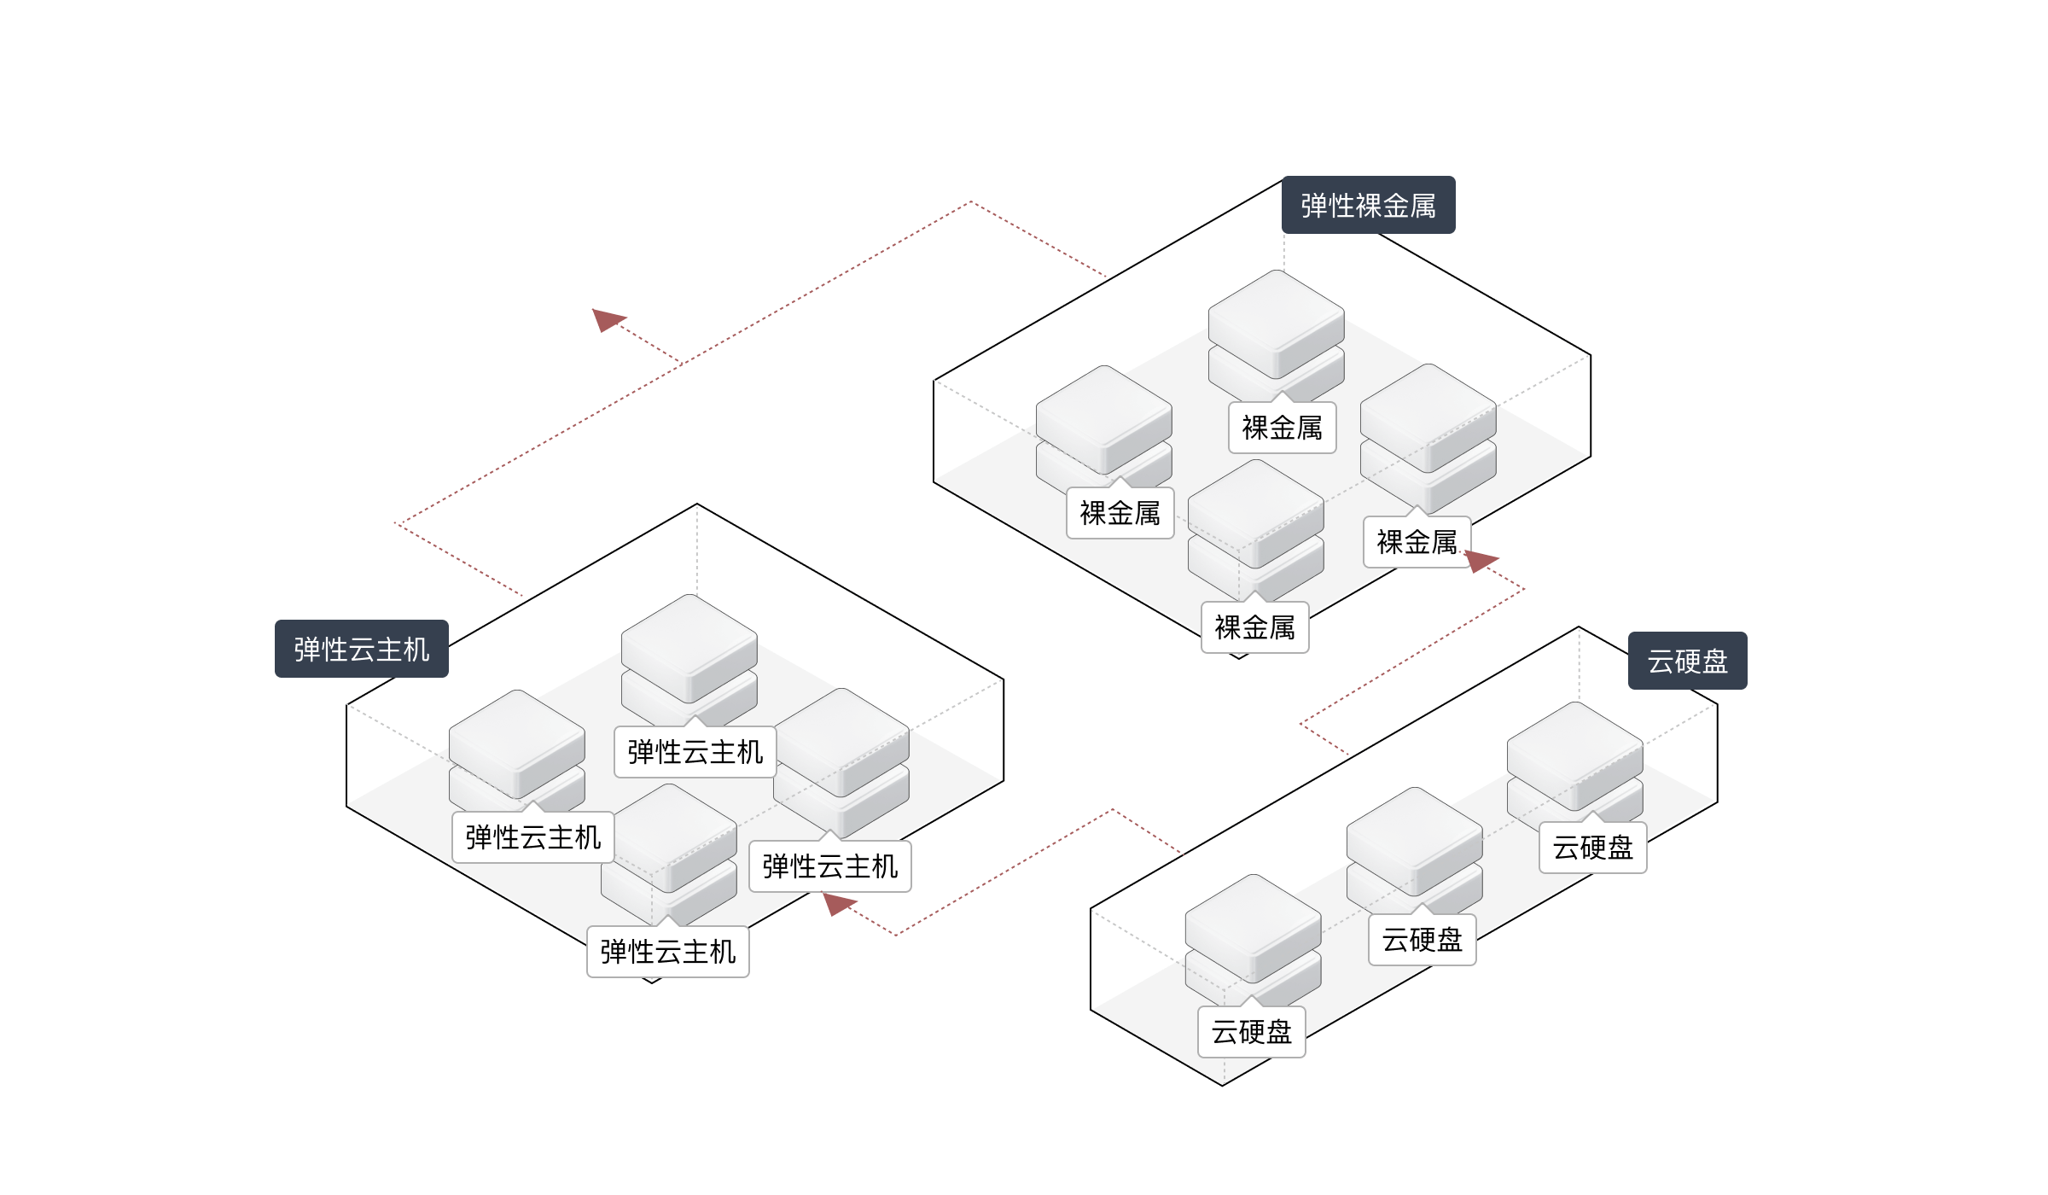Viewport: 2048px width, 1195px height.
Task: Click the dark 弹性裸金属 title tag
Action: click(x=1368, y=206)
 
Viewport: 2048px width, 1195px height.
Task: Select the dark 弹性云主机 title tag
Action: click(x=361, y=650)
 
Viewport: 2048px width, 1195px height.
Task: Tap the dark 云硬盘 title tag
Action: click(x=1687, y=662)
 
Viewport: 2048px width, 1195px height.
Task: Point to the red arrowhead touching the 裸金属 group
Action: click(x=1481, y=560)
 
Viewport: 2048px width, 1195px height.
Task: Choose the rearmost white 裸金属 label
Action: click(x=1282, y=428)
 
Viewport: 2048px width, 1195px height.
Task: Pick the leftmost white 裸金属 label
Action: click(x=1120, y=513)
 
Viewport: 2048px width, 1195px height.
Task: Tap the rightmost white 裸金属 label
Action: click(x=1417, y=542)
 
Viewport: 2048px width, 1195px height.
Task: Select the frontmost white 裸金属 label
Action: click(x=1254, y=628)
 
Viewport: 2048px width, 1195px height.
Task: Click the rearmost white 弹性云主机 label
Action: click(x=695, y=752)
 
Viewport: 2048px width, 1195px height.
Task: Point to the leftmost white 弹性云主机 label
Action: click(x=532, y=837)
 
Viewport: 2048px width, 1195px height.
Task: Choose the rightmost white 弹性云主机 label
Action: click(x=829, y=866)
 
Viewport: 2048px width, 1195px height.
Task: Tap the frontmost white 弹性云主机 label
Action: click(x=667, y=952)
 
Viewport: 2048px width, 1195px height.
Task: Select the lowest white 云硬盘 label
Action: click(x=1251, y=1032)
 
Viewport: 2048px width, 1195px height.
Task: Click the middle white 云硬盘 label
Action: click(x=1422, y=940)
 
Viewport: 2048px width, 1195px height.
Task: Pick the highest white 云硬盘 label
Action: click(x=1592, y=848)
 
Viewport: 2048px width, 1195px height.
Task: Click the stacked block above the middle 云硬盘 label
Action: click(x=1414, y=845)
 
